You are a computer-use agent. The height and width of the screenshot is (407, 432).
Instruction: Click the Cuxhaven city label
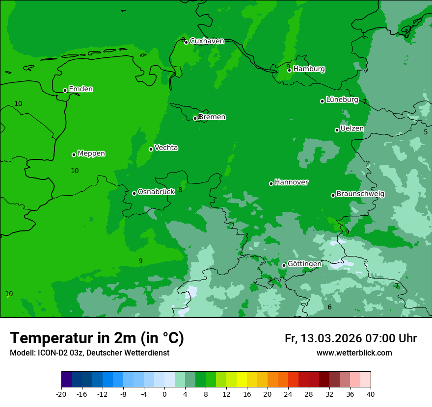pyautogui.click(x=207, y=41)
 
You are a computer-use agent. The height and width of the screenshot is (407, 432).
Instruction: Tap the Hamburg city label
pyautogui.click(x=309, y=69)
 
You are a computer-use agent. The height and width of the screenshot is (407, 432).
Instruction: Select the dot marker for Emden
pyautogui.click(x=65, y=90)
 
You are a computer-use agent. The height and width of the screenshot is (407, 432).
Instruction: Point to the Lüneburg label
pyautogui.click(x=342, y=100)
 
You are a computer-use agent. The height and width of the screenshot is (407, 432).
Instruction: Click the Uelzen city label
pyautogui.click(x=352, y=128)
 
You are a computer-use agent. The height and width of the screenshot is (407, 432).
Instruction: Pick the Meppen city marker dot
pyautogui.click(x=74, y=154)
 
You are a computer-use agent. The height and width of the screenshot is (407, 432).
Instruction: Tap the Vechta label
pyautogui.click(x=166, y=148)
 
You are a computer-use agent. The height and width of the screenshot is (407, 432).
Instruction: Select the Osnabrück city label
pyautogui.click(x=156, y=192)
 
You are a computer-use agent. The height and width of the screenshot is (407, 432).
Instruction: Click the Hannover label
pyautogui.click(x=291, y=182)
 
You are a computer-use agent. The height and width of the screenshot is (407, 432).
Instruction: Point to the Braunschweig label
pyautogui.click(x=360, y=194)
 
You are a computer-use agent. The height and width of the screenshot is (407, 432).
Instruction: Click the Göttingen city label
pyautogui.click(x=304, y=264)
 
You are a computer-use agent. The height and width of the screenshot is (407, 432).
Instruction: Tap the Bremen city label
pyautogui.click(x=212, y=117)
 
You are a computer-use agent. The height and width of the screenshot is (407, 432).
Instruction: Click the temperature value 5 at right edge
pyautogui.click(x=426, y=132)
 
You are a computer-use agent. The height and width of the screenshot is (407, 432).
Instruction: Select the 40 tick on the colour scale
pyautogui.click(x=370, y=394)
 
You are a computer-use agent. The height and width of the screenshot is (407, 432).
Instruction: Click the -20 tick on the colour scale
pyautogui.click(x=61, y=394)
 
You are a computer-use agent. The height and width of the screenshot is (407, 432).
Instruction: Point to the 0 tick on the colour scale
pyautogui.click(x=164, y=394)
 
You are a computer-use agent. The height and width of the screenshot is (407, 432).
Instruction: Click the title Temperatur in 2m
pyautogui.click(x=97, y=338)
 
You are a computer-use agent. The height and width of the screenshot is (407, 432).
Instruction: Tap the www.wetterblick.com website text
pyautogui.click(x=354, y=353)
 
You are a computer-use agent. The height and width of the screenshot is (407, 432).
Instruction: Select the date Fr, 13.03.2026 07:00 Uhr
pyautogui.click(x=351, y=338)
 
